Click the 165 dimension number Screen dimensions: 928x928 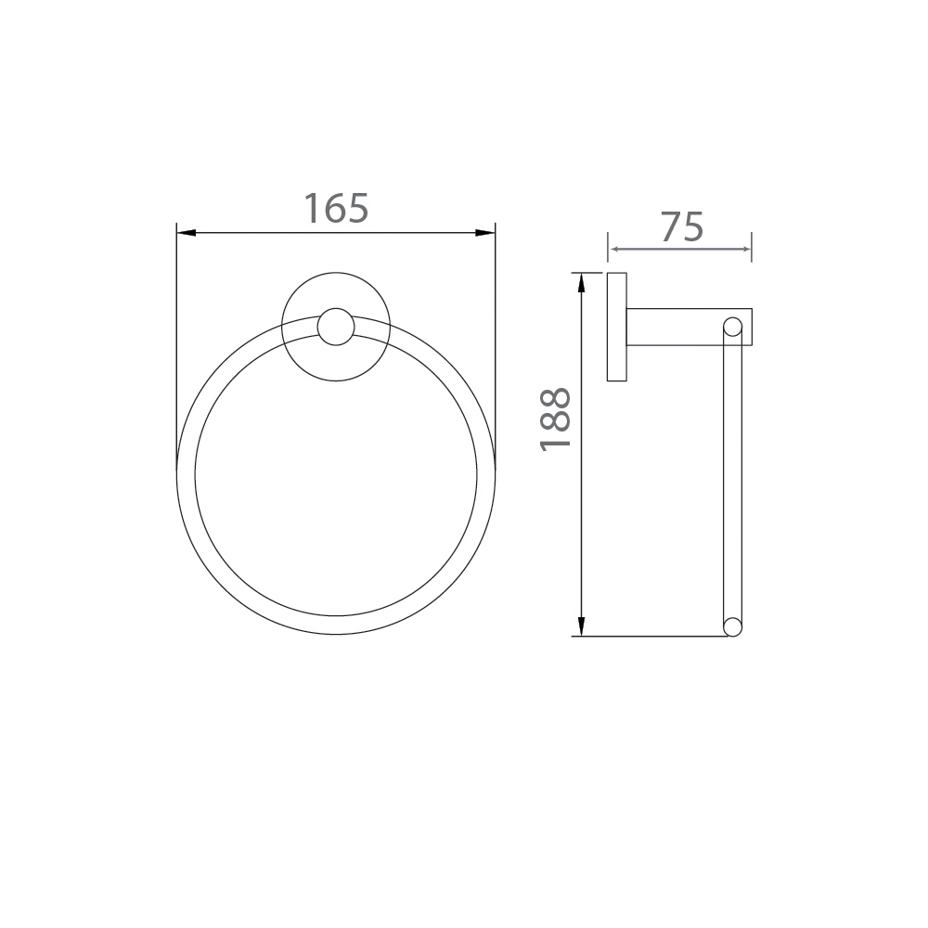pos(336,209)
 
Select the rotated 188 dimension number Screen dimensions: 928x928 pos(555,419)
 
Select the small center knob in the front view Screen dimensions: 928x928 pos(335,328)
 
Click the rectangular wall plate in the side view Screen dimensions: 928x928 pos(617,327)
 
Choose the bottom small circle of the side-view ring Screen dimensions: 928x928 pos(732,626)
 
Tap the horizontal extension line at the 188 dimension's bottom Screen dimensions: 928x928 pos(650,636)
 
